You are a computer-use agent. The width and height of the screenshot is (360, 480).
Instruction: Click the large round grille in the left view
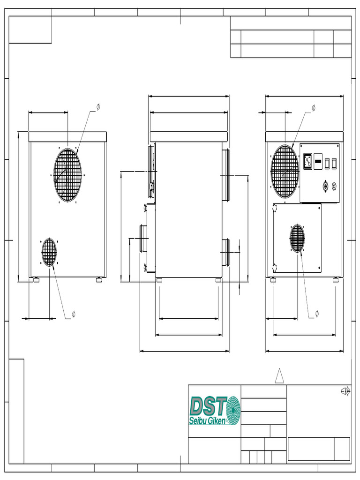(x=67, y=175)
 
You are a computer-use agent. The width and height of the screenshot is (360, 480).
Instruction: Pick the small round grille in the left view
(x=49, y=252)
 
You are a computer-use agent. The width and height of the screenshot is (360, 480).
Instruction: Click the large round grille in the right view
(x=285, y=171)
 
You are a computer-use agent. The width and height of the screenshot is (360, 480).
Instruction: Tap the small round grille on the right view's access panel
(x=297, y=238)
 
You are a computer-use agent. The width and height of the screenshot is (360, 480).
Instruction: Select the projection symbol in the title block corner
(x=345, y=391)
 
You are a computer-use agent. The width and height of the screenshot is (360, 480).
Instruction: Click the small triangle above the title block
(x=279, y=376)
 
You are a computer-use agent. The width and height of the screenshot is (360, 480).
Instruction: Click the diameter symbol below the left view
(x=73, y=313)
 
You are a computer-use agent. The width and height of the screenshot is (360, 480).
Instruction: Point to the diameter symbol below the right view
(x=317, y=313)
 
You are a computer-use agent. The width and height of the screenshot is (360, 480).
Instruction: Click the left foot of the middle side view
(x=159, y=280)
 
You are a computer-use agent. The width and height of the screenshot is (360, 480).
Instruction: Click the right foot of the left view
(x=99, y=280)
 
